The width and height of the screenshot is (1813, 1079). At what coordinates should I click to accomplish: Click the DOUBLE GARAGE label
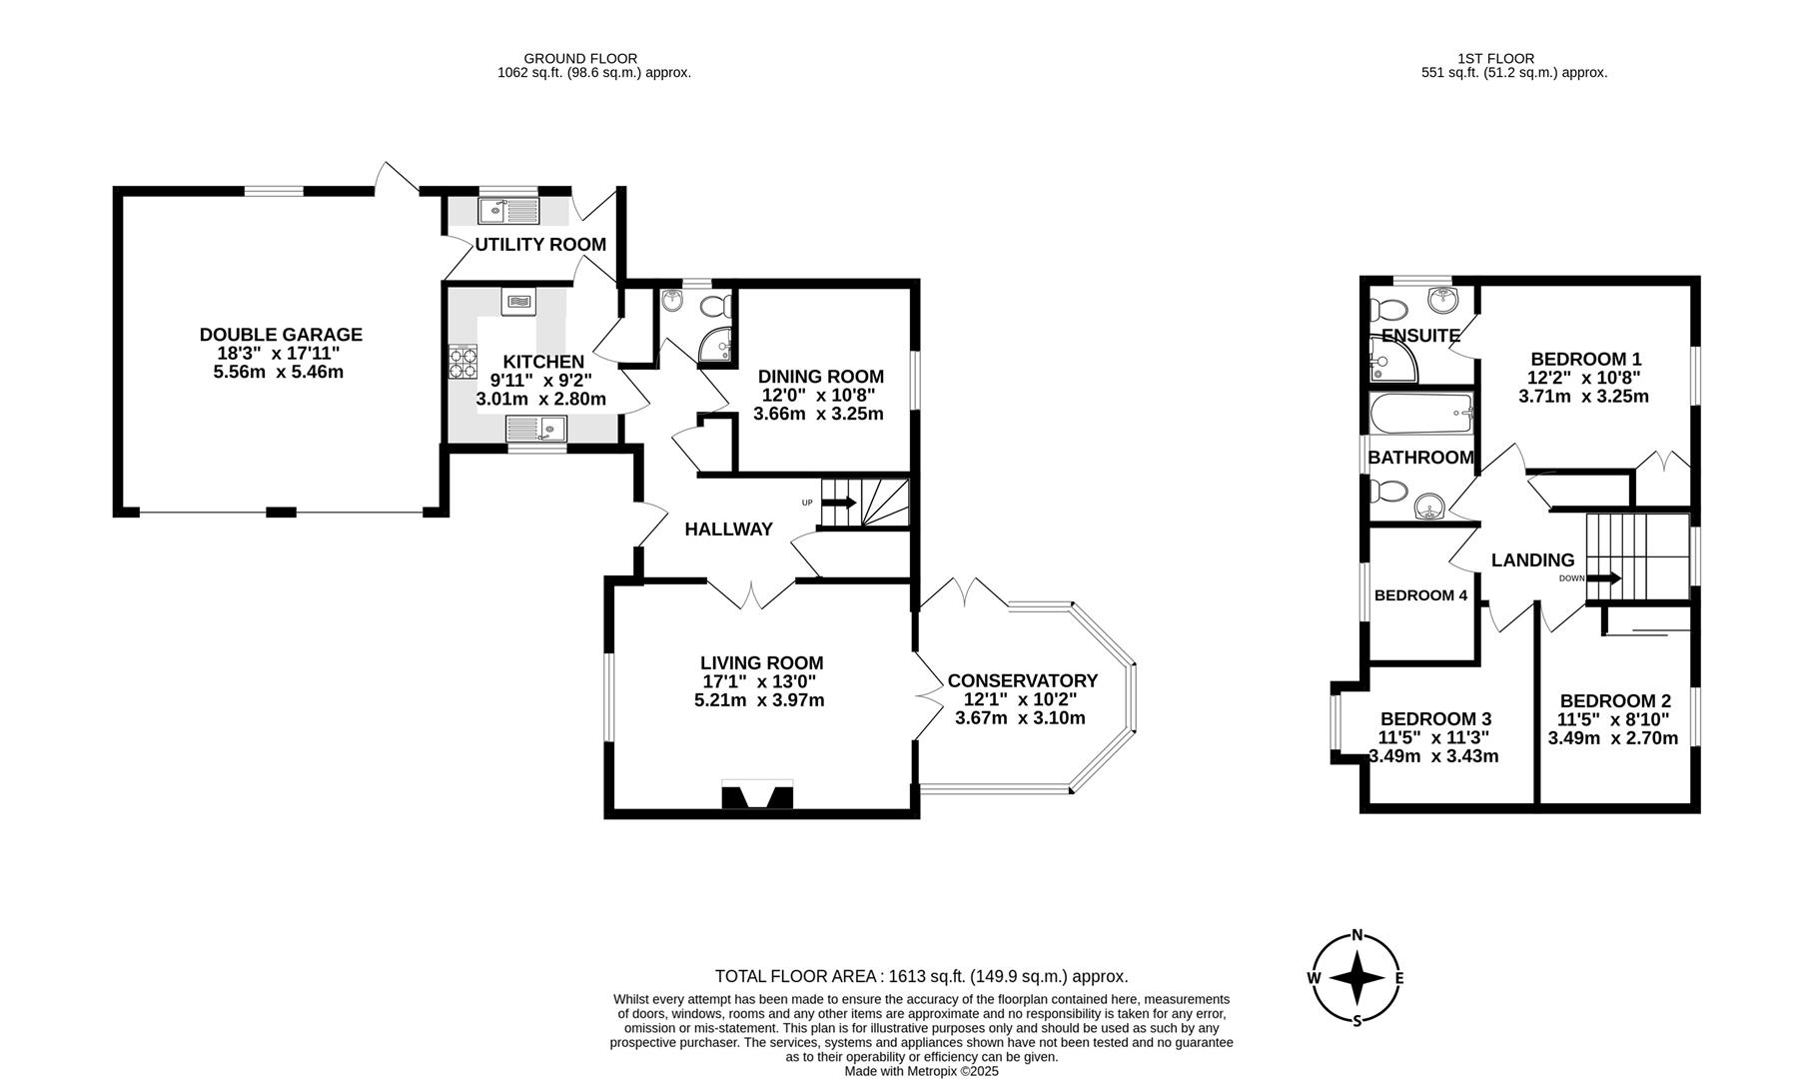(x=281, y=335)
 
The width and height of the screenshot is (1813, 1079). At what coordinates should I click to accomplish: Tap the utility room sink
(x=508, y=211)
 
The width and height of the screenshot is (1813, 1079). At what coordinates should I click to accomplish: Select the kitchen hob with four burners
(x=463, y=361)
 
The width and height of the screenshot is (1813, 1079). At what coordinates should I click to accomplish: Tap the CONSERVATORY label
(x=1022, y=680)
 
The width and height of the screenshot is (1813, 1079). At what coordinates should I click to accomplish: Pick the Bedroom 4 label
(x=1420, y=595)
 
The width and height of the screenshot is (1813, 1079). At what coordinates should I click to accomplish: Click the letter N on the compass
(x=1357, y=936)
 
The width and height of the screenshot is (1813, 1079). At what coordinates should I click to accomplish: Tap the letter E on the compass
(x=1398, y=978)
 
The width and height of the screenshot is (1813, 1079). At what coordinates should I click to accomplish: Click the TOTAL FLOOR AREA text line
(x=921, y=976)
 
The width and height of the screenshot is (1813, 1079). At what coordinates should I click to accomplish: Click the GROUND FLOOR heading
(x=580, y=59)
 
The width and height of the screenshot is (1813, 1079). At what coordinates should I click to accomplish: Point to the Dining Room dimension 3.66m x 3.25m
(x=818, y=414)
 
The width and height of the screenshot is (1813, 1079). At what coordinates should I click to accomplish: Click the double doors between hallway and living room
(x=751, y=595)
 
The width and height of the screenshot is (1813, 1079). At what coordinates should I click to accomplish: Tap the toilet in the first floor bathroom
(x=1388, y=492)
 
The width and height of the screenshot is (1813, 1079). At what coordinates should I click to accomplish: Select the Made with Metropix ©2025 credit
(x=921, y=1071)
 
